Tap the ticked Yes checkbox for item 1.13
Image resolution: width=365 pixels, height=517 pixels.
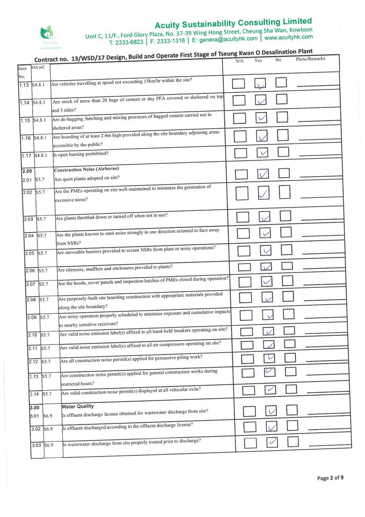point(260,84)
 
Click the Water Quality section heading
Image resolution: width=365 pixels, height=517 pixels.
point(78,406)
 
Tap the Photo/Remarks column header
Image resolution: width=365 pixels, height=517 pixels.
point(310,59)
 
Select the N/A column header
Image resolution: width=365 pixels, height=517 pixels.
point(239,61)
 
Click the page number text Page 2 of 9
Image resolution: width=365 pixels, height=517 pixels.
point(330,478)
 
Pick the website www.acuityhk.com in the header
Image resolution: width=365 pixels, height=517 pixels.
point(288,37)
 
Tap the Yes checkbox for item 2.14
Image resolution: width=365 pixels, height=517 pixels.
point(271,390)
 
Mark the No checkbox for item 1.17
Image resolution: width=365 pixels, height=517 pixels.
point(282,151)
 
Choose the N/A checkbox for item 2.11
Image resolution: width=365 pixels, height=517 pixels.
point(247,345)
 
